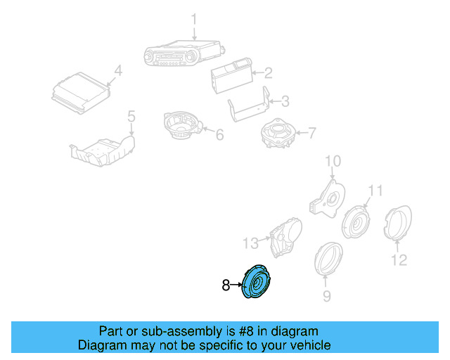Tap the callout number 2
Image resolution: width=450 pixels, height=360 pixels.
pos(267,72)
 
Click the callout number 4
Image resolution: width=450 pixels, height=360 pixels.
pos(117,70)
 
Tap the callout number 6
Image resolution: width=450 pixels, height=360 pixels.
pos(219,134)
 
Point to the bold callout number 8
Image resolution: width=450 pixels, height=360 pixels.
pos(226,285)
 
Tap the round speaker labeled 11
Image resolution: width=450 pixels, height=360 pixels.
pos(356,222)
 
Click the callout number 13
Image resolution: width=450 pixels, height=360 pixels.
pos(251,243)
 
